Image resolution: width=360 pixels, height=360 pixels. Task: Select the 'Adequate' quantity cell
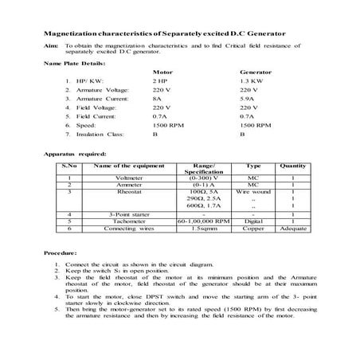click(x=293, y=229)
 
